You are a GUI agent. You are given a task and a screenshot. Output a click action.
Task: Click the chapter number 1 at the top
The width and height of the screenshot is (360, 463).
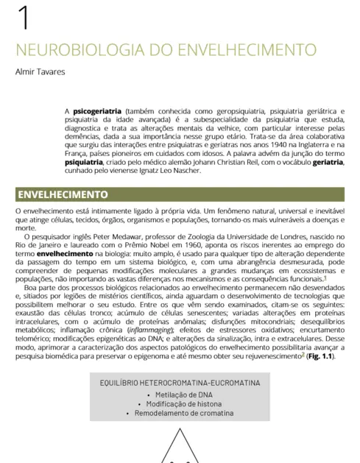24,18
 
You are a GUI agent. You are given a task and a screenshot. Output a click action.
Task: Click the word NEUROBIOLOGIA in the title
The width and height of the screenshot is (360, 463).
67,51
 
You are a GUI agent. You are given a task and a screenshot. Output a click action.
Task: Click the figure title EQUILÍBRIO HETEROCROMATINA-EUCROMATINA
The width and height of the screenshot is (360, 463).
180,383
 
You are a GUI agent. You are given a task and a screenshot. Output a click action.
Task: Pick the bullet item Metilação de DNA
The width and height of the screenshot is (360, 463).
180,395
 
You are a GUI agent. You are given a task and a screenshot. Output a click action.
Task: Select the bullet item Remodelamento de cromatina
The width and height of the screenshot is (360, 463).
180,414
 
